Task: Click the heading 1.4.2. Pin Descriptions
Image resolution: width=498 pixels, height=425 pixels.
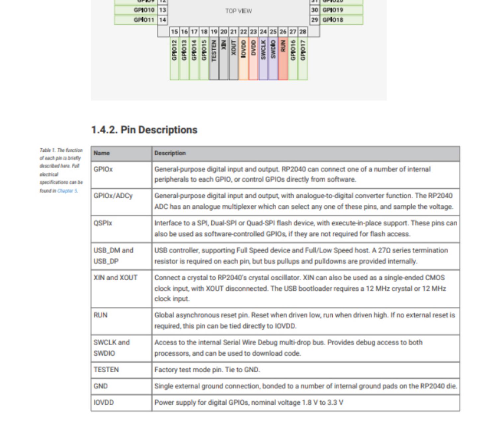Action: point(144,130)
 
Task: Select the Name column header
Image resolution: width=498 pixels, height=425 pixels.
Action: point(102,153)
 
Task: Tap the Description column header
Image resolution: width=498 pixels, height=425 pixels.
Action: point(170,153)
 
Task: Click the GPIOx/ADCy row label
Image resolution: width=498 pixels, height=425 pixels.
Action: point(113,196)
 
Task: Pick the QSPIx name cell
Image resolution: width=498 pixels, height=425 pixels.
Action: point(103,223)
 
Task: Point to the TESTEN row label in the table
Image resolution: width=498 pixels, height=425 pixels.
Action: point(106,370)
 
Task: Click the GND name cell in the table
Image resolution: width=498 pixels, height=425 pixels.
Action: point(101,386)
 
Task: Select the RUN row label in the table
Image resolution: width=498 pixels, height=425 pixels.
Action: point(100,315)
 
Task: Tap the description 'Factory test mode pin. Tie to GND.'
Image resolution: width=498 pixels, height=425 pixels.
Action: point(207,370)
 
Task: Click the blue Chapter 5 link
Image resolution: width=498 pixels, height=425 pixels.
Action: point(67,191)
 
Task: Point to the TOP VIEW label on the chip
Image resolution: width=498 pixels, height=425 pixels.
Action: point(238,11)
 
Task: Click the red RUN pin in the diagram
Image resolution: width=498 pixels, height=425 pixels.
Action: point(283,58)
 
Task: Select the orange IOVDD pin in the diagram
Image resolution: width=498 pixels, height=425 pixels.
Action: point(243,58)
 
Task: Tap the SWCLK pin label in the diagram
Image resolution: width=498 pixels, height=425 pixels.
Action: point(263,50)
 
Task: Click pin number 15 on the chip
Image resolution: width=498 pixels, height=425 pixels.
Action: point(174,32)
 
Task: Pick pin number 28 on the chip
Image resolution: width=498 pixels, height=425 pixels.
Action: point(302,32)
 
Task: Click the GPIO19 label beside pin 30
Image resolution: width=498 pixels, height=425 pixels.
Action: point(333,10)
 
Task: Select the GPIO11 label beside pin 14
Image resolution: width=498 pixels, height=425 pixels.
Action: point(144,20)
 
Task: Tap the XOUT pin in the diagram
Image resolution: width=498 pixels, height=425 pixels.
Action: point(233,58)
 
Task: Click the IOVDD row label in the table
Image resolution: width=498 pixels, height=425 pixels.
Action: point(104,402)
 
